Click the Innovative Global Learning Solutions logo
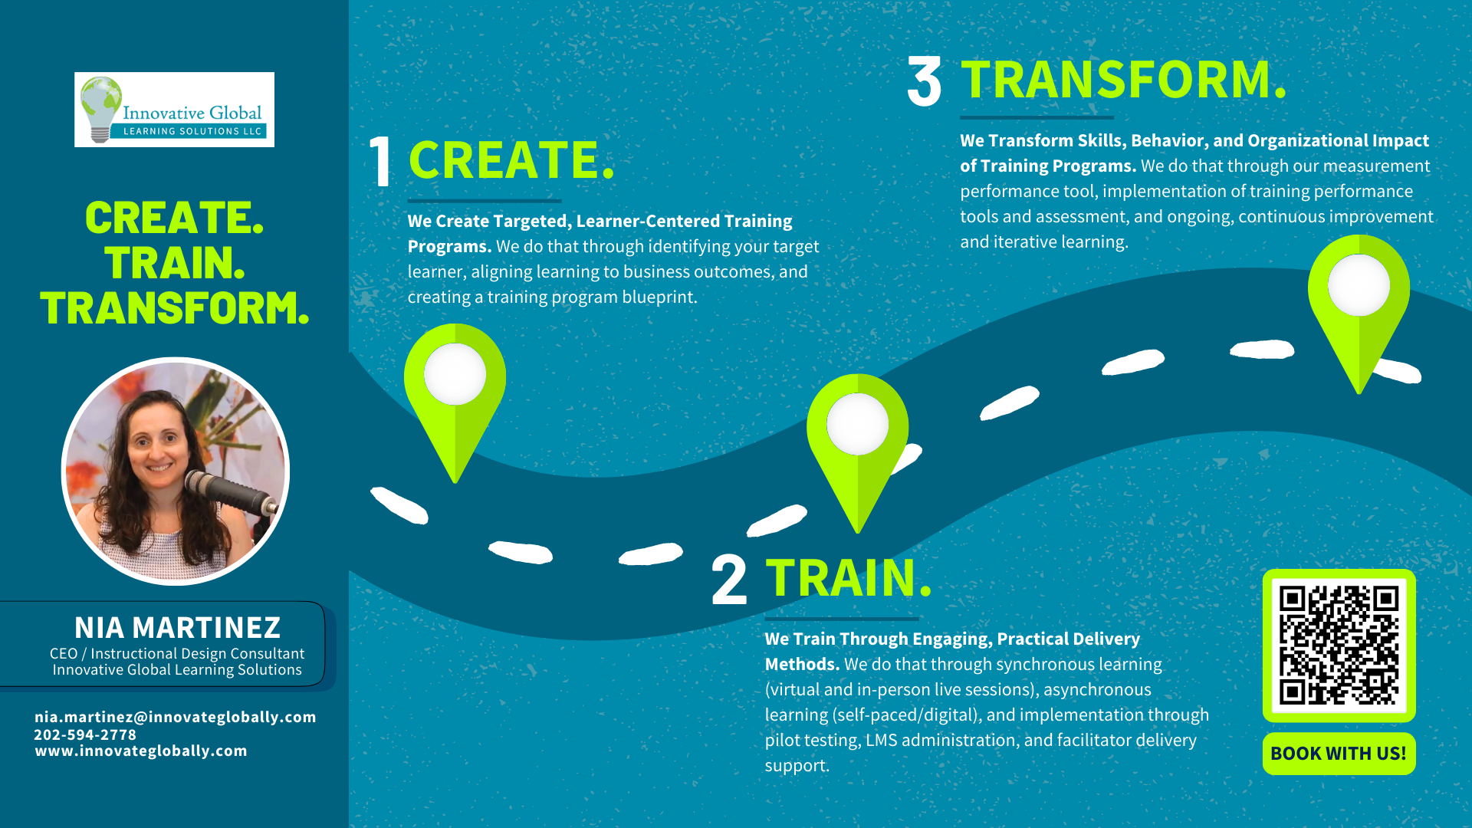pyautogui.click(x=174, y=110)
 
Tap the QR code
pyautogui.click(x=1339, y=646)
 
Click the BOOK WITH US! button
pyautogui.click(x=1339, y=754)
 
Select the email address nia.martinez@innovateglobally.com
pyautogui.click(x=176, y=717)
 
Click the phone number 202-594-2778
pyautogui.click(x=85, y=734)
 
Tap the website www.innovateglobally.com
pyautogui.click(x=141, y=751)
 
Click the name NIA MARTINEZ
pyautogui.click(x=177, y=627)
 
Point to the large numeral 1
pyautogui.click(x=380, y=161)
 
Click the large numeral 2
pyautogui.click(x=729, y=580)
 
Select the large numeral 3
pyautogui.click(x=924, y=81)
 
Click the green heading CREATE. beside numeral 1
pyautogui.click(x=511, y=160)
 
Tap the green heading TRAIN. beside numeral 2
pyautogui.click(x=849, y=577)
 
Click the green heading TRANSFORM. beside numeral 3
pyautogui.click(x=1124, y=80)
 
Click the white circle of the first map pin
pyautogui.click(x=455, y=374)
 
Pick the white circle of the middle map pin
pyautogui.click(x=857, y=424)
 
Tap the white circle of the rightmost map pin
pyautogui.click(x=1359, y=285)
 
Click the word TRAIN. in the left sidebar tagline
pyautogui.click(x=175, y=263)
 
